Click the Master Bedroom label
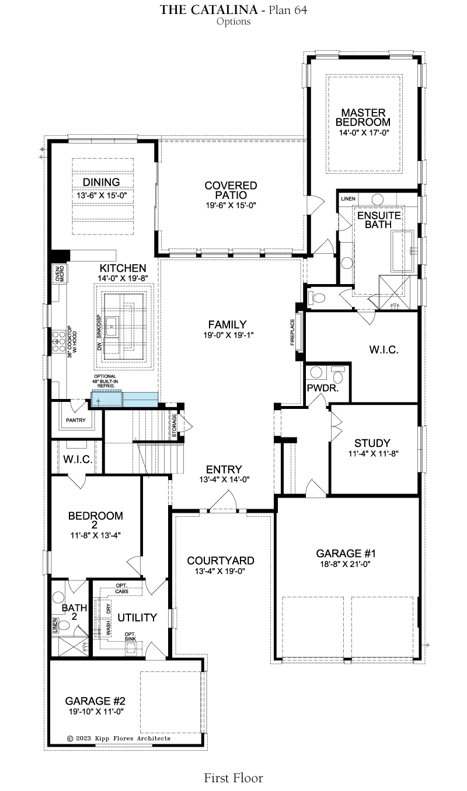363,118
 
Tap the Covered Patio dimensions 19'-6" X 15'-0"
231,205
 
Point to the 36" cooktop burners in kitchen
58,342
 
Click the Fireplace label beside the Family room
292,332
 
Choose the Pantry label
76,420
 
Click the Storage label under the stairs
174,425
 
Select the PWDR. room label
322,388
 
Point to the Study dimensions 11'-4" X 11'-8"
374,454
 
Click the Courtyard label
221,561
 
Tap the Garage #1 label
346,554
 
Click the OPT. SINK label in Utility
130,636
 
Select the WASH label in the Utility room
109,628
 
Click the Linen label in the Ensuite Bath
348,199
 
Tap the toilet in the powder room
338,374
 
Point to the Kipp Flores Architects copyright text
119,738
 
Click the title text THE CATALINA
209,10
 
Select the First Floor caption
233,778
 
